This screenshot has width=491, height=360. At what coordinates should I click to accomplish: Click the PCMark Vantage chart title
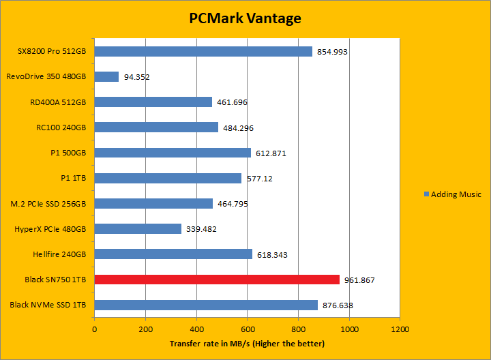coord(245,18)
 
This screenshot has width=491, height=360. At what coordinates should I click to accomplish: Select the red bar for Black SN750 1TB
coord(217,280)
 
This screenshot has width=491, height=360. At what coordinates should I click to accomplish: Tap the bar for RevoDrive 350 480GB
coord(106,77)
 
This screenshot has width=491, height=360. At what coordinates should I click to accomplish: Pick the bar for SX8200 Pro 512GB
coord(203,51)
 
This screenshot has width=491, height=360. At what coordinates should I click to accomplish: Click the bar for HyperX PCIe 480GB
coord(138,229)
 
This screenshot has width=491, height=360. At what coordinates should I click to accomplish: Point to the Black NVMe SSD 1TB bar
coord(206,305)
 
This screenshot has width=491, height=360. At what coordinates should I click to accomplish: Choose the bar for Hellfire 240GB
coord(173,254)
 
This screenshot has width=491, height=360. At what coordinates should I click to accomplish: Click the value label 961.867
coord(360,280)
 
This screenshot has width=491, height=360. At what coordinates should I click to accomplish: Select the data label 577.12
coord(259,179)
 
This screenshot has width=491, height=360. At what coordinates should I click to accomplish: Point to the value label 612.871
coord(271,153)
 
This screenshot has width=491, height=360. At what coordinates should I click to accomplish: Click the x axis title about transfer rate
coord(247,343)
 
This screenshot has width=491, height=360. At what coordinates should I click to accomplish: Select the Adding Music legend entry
coord(452,194)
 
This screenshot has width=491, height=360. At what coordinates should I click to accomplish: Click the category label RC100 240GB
coord(61,127)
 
